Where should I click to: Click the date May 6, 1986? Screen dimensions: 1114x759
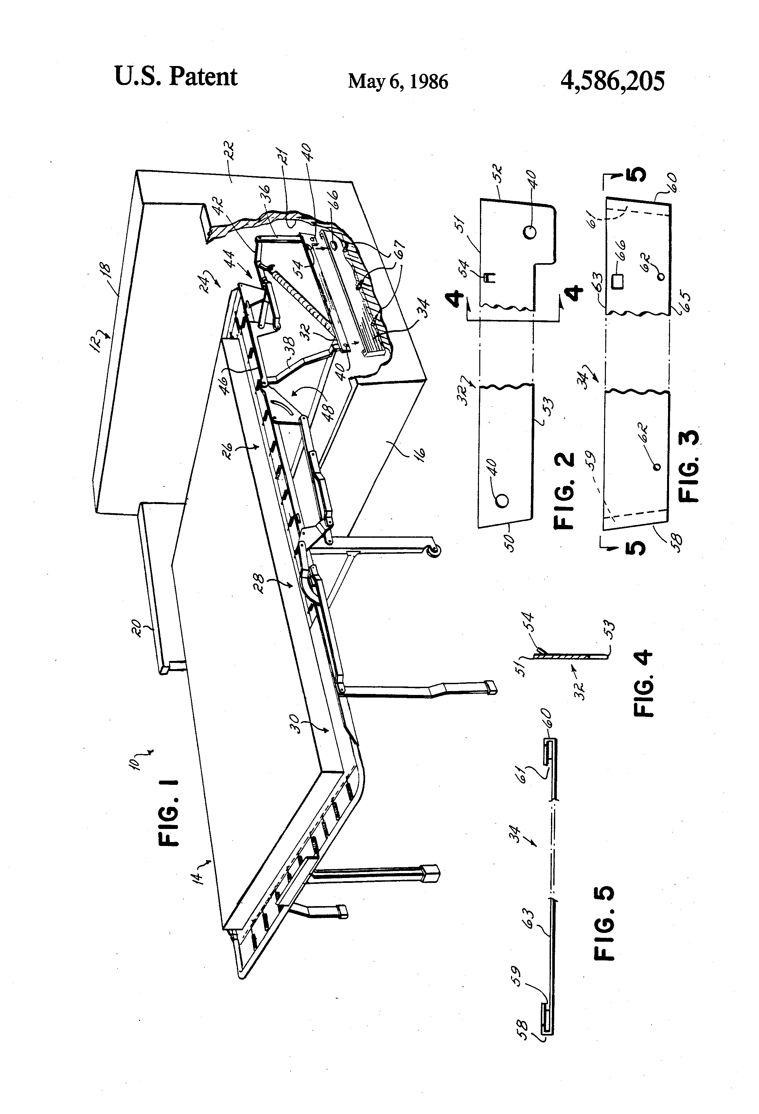point(398,81)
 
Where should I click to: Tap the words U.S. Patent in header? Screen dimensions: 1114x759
point(176,77)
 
